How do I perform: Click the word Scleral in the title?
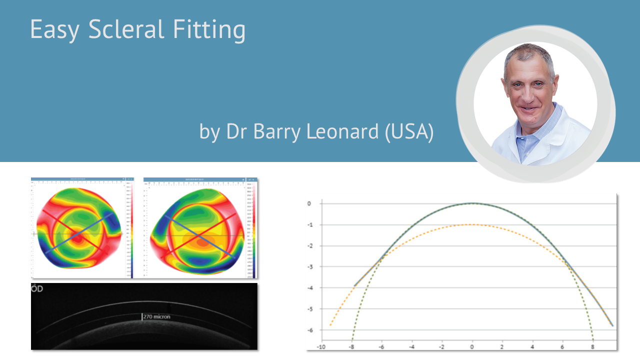127,29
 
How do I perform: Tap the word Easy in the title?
54,30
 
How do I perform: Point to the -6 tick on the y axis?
309,330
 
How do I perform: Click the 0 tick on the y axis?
309,203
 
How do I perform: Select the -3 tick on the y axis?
309,266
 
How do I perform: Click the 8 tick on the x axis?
593,346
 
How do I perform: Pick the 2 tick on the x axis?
502,346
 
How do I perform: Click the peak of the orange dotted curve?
472,224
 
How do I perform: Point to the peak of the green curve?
472,203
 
